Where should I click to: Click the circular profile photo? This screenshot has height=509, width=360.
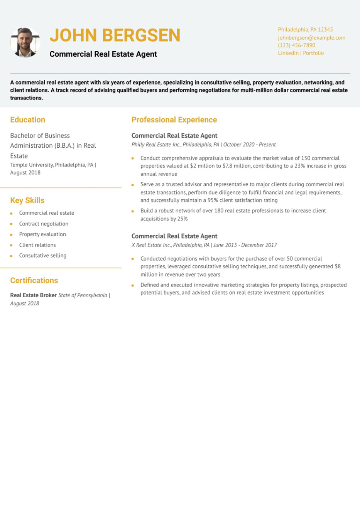click(x=25, y=42)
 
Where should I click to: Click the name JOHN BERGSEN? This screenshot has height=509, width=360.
click(x=115, y=35)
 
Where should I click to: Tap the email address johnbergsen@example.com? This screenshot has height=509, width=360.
click(x=311, y=38)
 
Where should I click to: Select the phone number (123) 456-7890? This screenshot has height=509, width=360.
click(x=296, y=45)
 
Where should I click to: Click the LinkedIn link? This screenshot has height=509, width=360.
click(x=288, y=53)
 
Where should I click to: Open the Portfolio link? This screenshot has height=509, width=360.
click(x=313, y=53)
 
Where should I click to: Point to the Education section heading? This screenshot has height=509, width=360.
click(x=28, y=120)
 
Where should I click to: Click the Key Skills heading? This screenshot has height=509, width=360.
click(x=27, y=201)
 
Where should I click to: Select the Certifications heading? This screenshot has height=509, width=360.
click(x=34, y=281)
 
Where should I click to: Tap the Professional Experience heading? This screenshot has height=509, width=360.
click(x=174, y=120)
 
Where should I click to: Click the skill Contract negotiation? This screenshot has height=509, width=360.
click(x=44, y=224)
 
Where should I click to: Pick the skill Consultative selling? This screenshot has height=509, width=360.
click(x=43, y=256)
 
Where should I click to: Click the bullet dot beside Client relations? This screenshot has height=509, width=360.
click(x=11, y=245)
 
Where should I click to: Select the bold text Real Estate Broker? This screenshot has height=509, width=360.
click(x=33, y=295)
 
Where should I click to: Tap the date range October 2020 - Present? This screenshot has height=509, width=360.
click(x=249, y=145)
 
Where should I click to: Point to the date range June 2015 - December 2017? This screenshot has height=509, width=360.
click(x=245, y=245)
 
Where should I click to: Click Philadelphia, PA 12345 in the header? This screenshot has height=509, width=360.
click(x=305, y=30)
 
